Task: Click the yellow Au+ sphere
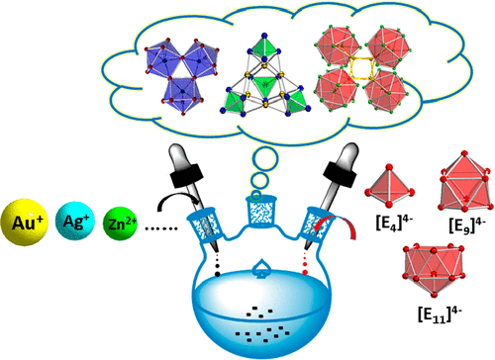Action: point(25,222)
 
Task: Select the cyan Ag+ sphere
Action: point(75,221)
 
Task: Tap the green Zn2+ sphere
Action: point(120,224)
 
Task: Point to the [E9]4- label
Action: point(467,225)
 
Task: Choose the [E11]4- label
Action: point(440,314)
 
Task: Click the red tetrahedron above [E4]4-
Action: point(389,186)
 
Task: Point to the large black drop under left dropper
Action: point(218,274)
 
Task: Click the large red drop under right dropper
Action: point(305,272)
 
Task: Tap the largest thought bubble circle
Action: point(265,159)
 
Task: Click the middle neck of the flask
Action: point(260,211)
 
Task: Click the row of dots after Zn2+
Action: point(161,228)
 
